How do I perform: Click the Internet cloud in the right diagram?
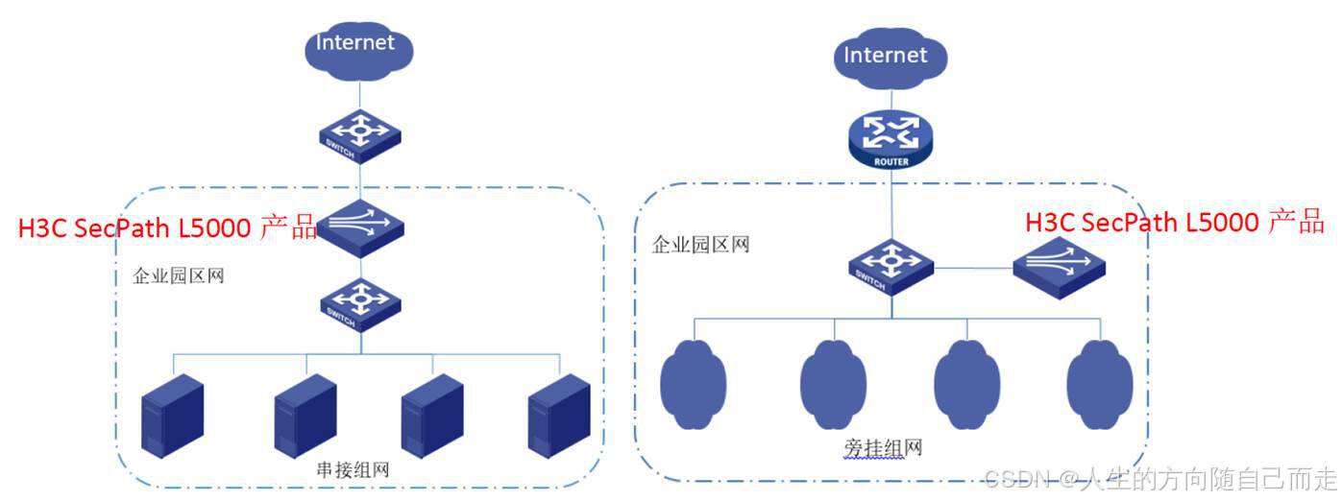[885, 59]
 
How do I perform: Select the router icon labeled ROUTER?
[891, 137]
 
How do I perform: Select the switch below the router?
[891, 267]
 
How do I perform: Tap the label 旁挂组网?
[869, 448]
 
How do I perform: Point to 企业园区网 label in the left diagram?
[178, 277]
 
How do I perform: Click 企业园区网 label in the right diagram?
[700, 244]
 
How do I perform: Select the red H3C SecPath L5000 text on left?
[167, 228]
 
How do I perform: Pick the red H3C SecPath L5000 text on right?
[1174, 223]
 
